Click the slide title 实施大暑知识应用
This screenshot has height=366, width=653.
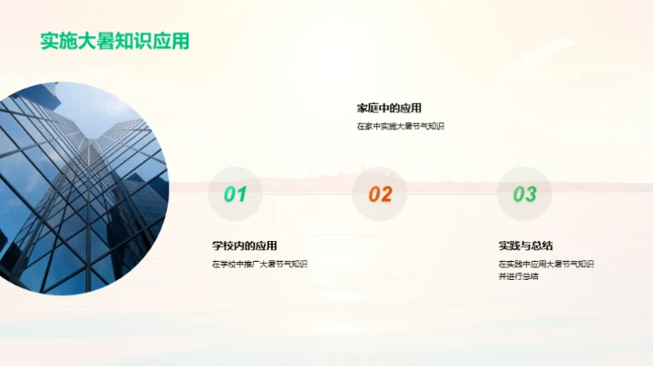click(114, 42)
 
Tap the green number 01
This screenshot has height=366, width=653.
click(235, 194)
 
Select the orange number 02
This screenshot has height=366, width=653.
click(380, 194)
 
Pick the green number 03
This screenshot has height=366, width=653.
click(524, 194)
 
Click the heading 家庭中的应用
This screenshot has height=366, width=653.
click(389, 108)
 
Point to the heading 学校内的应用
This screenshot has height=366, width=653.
click(245, 246)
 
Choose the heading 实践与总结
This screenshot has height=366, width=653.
click(526, 246)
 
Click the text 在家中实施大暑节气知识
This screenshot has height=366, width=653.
click(400, 127)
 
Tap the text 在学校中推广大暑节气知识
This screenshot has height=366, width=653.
click(259, 265)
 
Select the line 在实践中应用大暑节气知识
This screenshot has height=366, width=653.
click(546, 265)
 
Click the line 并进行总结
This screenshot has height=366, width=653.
click(518, 276)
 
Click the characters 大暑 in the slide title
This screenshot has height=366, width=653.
click(105, 42)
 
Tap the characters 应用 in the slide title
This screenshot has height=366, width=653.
click(172, 42)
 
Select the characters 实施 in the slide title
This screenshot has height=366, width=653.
click(59, 42)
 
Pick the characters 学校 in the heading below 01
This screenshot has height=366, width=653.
click(223, 246)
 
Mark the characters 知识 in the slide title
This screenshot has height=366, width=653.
click(139, 42)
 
